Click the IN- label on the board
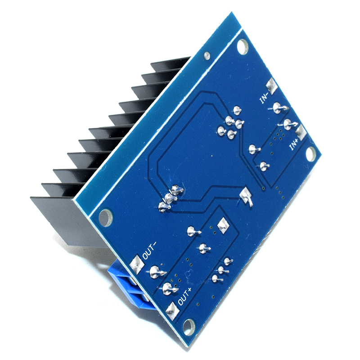[x=264, y=98]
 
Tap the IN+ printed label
[x=294, y=144]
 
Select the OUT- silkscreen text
[x=149, y=251]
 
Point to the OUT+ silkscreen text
[x=184, y=297]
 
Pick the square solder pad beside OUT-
[x=137, y=265]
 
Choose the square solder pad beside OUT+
[x=172, y=310]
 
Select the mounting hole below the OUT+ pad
[x=189, y=327]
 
